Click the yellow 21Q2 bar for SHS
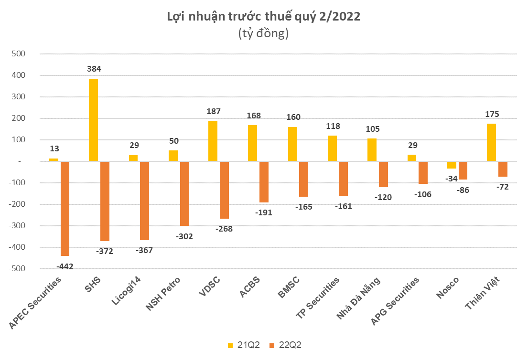click(x=93, y=120)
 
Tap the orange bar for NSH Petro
click(x=184, y=193)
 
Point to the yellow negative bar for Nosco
click(x=452, y=165)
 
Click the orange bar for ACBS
click(x=264, y=182)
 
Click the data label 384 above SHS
click(x=94, y=69)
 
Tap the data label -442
click(x=65, y=266)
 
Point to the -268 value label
click(x=224, y=229)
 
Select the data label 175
click(x=491, y=114)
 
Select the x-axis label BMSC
click(x=289, y=287)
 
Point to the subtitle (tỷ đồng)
click(x=263, y=34)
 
